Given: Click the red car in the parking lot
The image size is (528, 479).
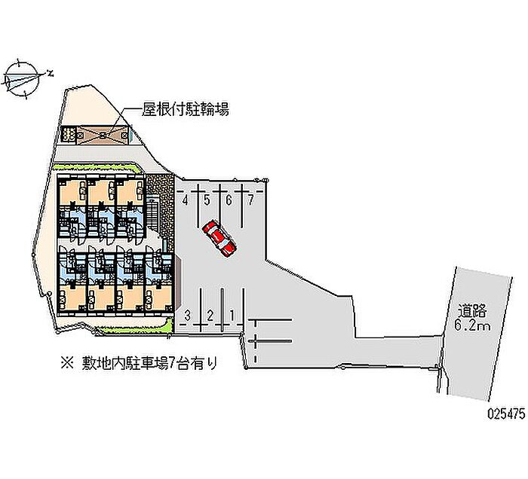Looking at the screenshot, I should (x=219, y=238).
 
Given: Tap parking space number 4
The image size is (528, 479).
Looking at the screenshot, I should (x=185, y=200).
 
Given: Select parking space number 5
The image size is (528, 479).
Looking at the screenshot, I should (x=207, y=200).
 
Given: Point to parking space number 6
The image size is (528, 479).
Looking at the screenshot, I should (x=229, y=200).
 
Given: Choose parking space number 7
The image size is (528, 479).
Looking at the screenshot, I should (x=250, y=200).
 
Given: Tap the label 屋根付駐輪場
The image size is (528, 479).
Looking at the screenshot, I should (x=186, y=110).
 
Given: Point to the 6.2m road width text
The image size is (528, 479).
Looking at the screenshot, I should (x=474, y=325).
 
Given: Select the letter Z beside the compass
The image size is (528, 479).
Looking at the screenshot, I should (x=50, y=73).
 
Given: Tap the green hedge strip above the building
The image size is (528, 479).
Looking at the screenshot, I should (x=98, y=166).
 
